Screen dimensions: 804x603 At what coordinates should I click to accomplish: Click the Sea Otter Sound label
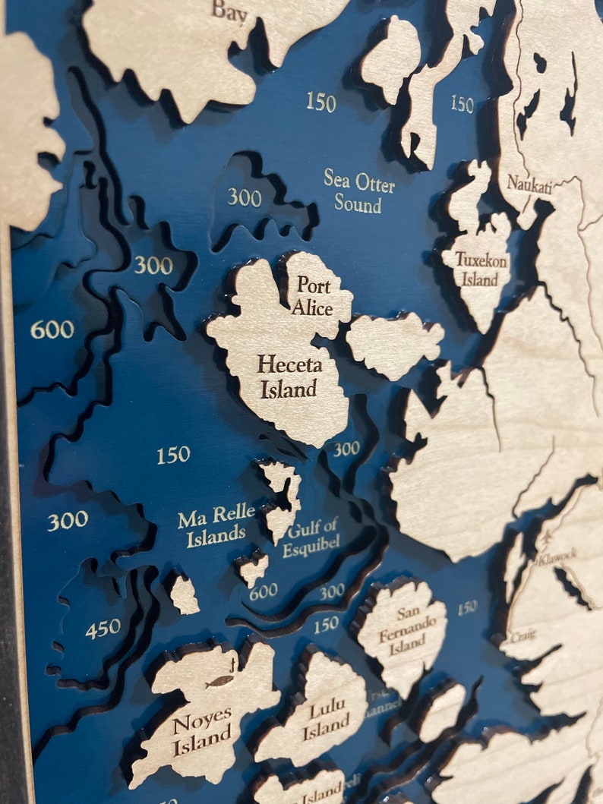[x=358, y=191]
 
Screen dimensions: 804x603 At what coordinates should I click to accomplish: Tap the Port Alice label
[x=314, y=296]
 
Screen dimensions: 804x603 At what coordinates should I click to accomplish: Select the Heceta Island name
[x=289, y=377]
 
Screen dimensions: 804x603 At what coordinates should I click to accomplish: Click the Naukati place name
[x=529, y=183]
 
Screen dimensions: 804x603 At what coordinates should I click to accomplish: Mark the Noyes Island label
[x=202, y=733]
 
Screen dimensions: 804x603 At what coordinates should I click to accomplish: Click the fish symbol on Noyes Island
[x=219, y=682]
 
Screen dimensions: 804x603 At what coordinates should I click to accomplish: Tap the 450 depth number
[x=103, y=628]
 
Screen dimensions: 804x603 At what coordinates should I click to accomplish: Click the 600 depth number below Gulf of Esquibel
[x=263, y=591]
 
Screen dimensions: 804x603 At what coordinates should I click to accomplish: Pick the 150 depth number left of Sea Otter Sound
[x=321, y=102]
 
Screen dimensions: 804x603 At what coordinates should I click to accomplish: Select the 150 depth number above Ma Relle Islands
[x=173, y=455]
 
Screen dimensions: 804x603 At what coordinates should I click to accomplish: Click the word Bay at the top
[x=229, y=11]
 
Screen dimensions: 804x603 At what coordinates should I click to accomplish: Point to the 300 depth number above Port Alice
[x=245, y=198]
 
